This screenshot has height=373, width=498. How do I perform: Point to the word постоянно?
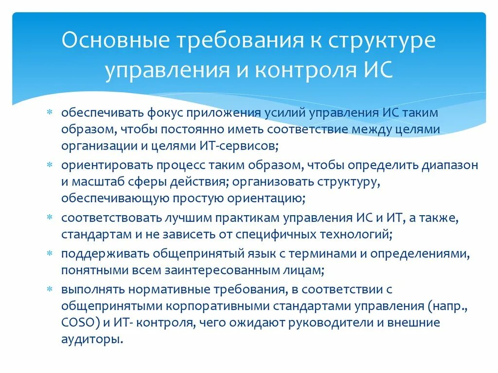pyautogui.click(x=182, y=129)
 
